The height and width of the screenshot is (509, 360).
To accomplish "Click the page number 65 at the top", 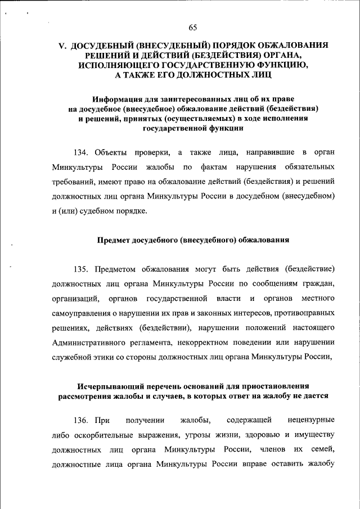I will point(193,28).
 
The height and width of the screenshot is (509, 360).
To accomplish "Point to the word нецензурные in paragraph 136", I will point(311,420).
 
